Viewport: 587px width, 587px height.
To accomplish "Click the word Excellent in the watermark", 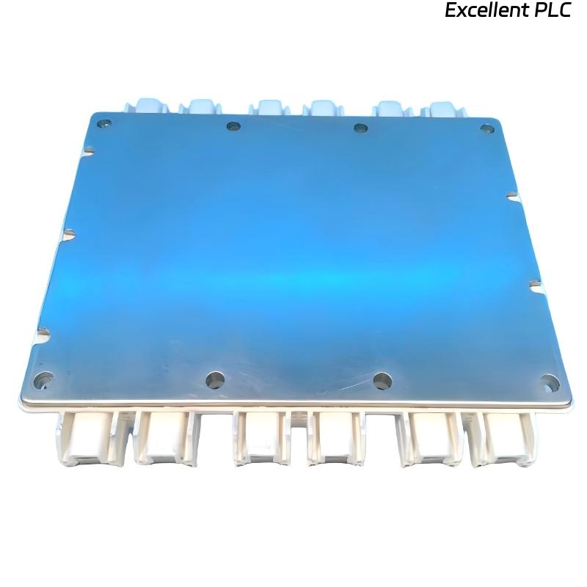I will [487, 11].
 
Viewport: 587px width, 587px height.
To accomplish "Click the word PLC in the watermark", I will [553, 11].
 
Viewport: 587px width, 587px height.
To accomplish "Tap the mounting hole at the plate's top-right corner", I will [486, 129].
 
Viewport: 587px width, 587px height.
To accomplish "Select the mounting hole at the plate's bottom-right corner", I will [550, 382].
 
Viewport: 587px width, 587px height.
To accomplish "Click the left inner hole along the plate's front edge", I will [215, 379].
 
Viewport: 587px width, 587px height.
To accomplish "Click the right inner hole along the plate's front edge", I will [382, 380].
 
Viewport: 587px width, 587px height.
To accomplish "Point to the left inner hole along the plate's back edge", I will [233, 126].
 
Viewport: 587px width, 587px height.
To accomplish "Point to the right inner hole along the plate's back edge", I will [360, 128].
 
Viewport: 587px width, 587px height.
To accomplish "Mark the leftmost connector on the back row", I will [146, 106].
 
